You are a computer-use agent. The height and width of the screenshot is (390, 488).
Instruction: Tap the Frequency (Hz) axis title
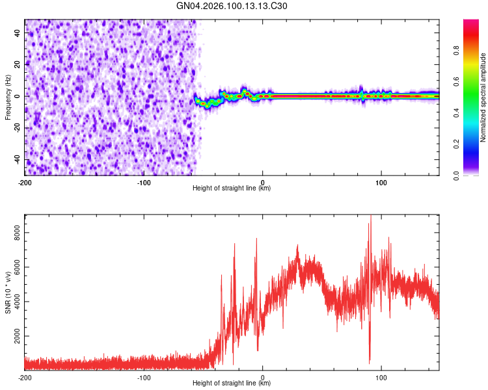click(8, 97)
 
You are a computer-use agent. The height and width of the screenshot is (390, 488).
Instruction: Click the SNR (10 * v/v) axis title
click(8, 292)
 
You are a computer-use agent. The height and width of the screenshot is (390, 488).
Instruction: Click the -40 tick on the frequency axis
click(17, 159)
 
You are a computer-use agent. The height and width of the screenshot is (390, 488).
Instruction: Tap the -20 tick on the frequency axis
click(17, 127)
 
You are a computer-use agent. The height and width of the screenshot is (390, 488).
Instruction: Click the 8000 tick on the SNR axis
click(15, 232)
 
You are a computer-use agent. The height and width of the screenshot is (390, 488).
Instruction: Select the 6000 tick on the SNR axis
click(15, 266)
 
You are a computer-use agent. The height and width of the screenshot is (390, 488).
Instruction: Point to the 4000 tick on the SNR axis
click(15, 302)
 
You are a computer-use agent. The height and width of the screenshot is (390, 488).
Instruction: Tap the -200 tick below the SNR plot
click(25, 378)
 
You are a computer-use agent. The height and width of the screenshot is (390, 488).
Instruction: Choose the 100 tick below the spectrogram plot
click(381, 183)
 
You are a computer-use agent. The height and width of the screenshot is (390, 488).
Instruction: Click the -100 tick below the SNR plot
click(144, 378)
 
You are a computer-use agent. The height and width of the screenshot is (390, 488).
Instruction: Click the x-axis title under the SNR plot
click(232, 384)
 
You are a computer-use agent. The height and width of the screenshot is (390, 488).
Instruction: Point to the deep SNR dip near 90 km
click(370, 361)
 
